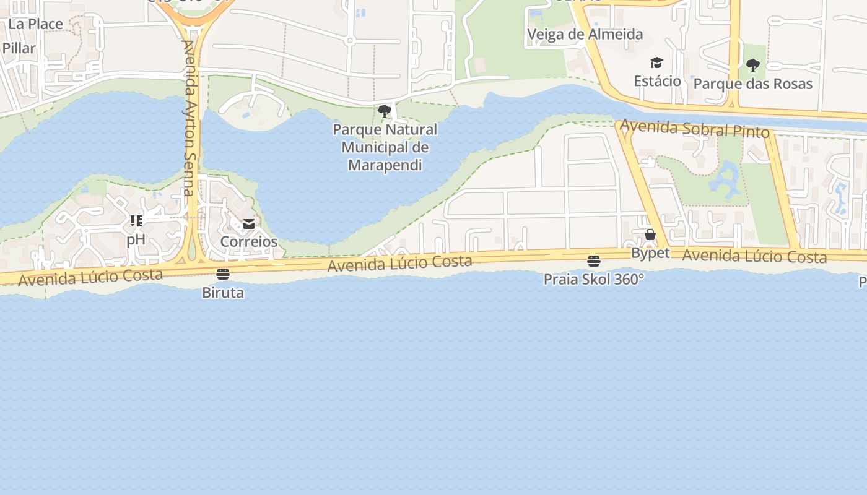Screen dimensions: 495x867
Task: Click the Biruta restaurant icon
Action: tap(223, 274)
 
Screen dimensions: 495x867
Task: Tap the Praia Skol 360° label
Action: tap(593, 280)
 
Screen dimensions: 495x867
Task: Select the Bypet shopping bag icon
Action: tap(650, 235)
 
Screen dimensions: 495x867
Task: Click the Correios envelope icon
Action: tap(249, 224)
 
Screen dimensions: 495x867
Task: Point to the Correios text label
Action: tap(249, 241)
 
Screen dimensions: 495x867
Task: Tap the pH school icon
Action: tap(136, 221)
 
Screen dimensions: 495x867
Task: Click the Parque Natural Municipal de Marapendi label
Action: tap(385, 147)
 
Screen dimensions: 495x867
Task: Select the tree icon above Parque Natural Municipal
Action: tap(385, 111)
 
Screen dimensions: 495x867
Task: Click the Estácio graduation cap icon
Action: tap(656, 63)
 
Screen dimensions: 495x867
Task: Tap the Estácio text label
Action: tap(657, 81)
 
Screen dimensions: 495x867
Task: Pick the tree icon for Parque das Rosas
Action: tap(752, 66)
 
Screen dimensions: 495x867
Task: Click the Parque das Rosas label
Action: tap(752, 84)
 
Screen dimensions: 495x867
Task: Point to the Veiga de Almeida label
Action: tap(585, 34)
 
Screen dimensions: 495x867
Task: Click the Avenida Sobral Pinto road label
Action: tap(694, 129)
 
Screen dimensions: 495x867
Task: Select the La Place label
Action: tap(36, 24)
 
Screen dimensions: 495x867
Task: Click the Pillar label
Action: tap(19, 48)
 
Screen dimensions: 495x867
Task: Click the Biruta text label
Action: tap(223, 293)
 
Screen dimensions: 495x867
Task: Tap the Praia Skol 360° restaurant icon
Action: tap(594, 261)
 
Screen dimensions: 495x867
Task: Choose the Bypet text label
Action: tap(650, 253)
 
